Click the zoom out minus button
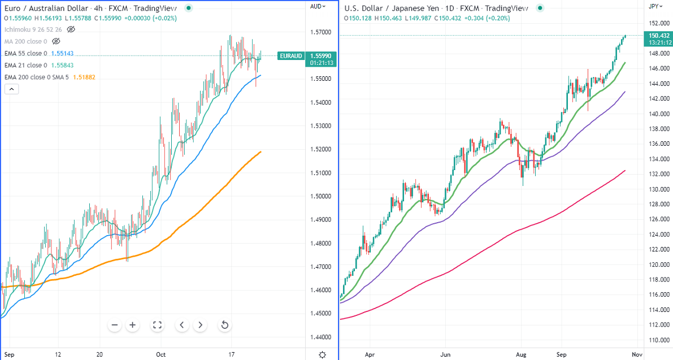115,325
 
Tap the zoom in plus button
133,325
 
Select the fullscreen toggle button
158,325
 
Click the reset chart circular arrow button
224,325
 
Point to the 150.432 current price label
659,35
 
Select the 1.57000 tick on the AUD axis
320,32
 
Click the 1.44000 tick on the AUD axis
320,337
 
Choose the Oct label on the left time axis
161,355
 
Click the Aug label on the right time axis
521,355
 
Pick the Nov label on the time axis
637,355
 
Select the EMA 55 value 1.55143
62,54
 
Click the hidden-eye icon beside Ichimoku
71,29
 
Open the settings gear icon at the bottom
322,355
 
